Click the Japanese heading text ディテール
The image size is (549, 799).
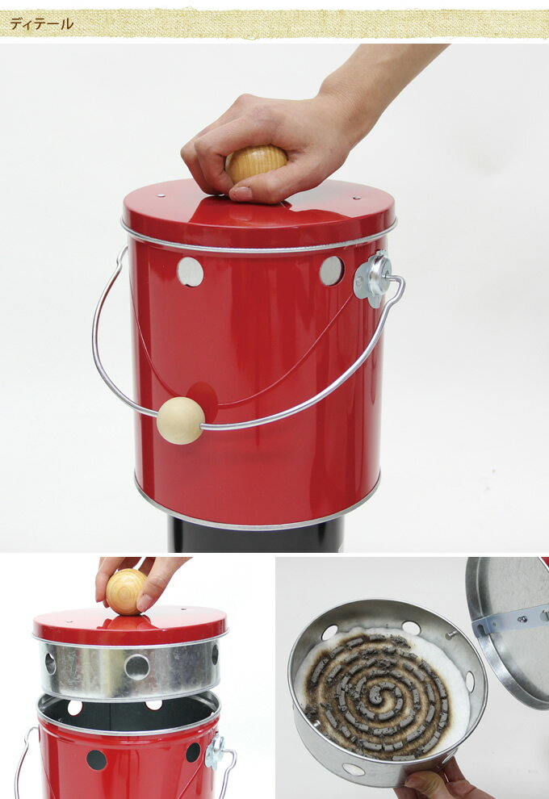pos(42,24)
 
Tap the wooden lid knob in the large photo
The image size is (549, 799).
pos(256,163)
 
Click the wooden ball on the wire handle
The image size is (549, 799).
pos(181,420)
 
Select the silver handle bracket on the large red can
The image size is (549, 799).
pos(374,279)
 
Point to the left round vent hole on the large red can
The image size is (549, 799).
pos(191,272)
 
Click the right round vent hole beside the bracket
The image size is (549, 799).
pos(331,270)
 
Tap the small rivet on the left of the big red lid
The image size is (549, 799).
pos(161,195)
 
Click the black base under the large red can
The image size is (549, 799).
pos(256,535)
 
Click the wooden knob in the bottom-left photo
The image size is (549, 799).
pos(126,592)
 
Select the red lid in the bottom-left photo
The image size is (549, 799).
pos(130,628)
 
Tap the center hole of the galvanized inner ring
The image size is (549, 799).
pos(137,667)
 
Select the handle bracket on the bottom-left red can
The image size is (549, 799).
pos(215,752)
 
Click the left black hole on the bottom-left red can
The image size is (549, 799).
pos(96,759)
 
